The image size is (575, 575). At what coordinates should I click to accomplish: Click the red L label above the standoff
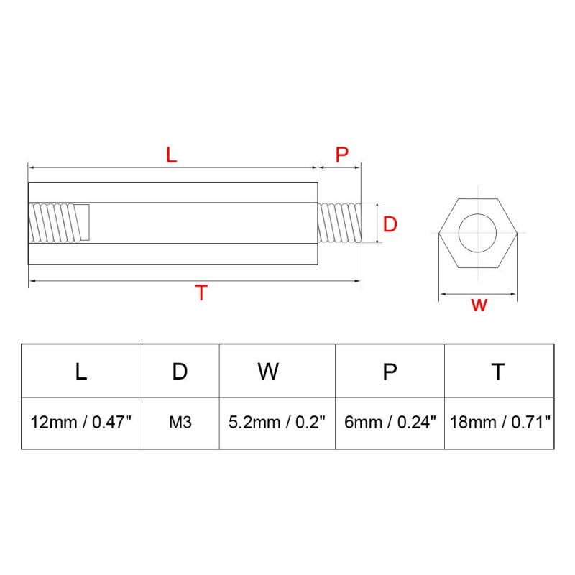click(x=171, y=155)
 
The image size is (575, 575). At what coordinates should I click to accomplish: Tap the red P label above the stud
click(x=342, y=155)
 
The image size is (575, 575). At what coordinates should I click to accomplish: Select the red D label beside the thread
click(x=390, y=224)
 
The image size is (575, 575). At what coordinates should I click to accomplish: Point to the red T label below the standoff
click(x=201, y=293)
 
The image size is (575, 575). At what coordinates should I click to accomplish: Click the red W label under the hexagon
click(x=479, y=305)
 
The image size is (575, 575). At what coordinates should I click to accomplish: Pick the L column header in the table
click(x=81, y=371)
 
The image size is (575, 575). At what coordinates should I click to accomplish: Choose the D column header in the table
click(x=180, y=371)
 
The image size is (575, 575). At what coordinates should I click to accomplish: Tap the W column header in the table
click(x=268, y=371)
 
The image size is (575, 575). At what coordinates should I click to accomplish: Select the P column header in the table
click(x=390, y=372)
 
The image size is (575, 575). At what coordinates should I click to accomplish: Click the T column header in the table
click(x=498, y=372)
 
